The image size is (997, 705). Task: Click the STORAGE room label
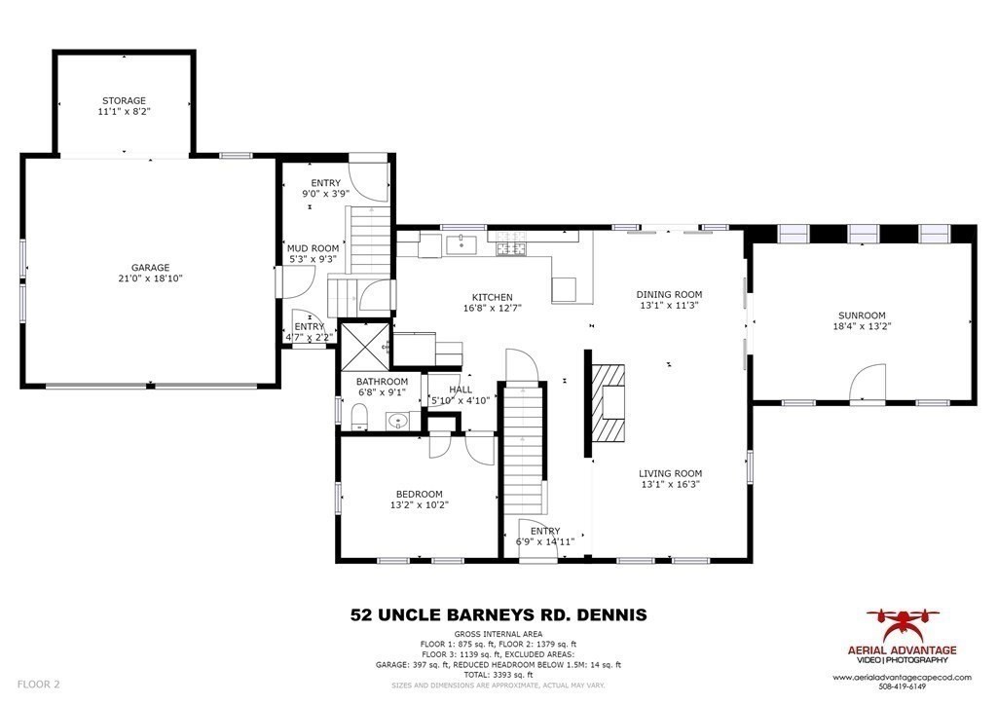click(x=124, y=100)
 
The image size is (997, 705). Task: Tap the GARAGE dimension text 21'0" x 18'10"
click(x=151, y=278)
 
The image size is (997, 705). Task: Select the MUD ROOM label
click(x=313, y=248)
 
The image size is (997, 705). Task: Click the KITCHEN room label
click(x=492, y=298)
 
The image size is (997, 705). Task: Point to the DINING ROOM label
click(x=669, y=294)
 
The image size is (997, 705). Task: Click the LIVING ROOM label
click(x=670, y=474)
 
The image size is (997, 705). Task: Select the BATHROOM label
click(x=382, y=382)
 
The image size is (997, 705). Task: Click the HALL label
click(x=460, y=390)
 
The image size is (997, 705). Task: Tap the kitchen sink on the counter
click(x=459, y=244)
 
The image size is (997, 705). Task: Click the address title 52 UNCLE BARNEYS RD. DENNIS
click(x=498, y=614)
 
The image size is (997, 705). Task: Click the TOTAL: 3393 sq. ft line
click(x=498, y=674)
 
